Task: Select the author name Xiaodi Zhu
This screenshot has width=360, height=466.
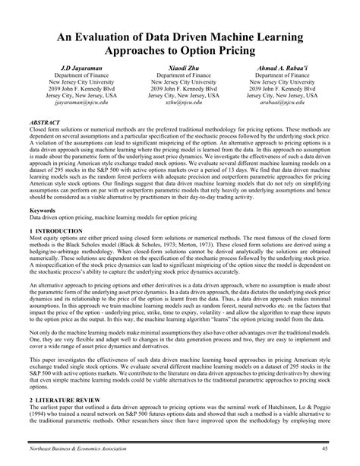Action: tap(179, 68)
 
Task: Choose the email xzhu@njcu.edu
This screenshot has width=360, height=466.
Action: tap(179, 104)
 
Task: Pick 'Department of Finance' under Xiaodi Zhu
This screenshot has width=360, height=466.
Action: tap(179, 77)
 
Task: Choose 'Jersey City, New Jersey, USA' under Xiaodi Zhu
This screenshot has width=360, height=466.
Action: tap(179, 95)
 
